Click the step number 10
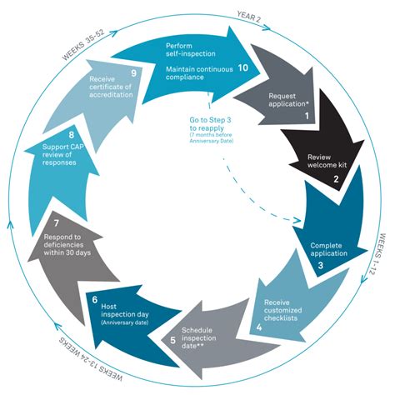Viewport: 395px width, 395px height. (x=243, y=67)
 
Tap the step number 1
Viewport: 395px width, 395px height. (x=307, y=116)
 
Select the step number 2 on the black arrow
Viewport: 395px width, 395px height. (x=336, y=179)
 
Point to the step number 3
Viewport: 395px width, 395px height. (x=321, y=265)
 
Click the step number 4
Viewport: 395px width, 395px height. (x=259, y=327)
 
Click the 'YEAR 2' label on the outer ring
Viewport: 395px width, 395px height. (x=249, y=17)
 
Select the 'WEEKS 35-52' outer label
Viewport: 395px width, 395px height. (x=83, y=44)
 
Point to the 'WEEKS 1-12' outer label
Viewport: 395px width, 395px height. (x=376, y=254)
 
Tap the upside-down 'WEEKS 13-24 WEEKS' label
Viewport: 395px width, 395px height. (x=91, y=360)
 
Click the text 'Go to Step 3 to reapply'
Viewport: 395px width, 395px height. (x=210, y=124)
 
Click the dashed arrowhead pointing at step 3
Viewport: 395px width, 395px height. (x=297, y=221)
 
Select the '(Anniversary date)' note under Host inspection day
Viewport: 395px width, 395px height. (x=125, y=322)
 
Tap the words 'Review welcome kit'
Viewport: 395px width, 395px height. (x=327, y=161)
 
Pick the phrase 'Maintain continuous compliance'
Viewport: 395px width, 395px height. (x=199, y=73)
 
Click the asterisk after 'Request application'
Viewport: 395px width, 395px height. (x=307, y=103)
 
